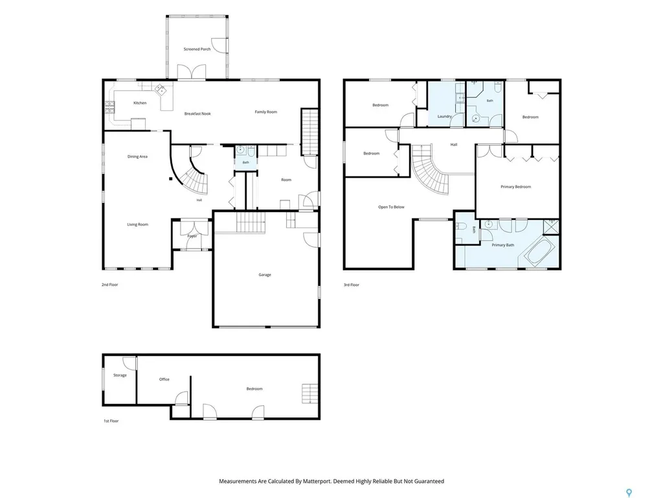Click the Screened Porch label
(x=197, y=49)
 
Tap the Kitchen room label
(x=140, y=103)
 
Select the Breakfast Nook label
(x=197, y=113)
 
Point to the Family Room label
(x=266, y=112)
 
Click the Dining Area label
(x=137, y=157)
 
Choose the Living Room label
(x=138, y=224)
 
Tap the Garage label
(x=265, y=275)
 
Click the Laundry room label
(x=444, y=117)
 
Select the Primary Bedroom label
(x=516, y=187)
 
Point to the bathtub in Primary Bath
(x=540, y=252)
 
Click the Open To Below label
(x=391, y=207)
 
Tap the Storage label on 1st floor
(x=120, y=375)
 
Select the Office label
(x=164, y=379)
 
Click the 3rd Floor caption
(x=352, y=285)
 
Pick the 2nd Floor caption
(x=109, y=285)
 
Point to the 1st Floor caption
(x=111, y=421)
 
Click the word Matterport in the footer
(x=317, y=481)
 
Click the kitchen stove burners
(x=109, y=108)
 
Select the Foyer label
(x=192, y=236)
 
